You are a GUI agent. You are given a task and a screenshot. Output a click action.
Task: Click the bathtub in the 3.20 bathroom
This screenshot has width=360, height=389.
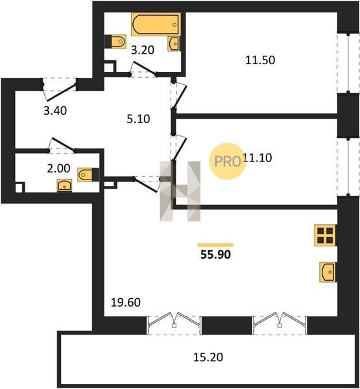point(156,25)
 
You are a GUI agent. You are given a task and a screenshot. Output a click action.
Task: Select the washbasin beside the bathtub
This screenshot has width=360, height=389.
point(174,43)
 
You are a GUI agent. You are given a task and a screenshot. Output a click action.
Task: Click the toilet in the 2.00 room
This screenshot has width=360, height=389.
point(88,174)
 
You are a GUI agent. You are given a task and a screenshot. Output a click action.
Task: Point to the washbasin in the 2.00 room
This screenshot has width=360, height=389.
point(65,185)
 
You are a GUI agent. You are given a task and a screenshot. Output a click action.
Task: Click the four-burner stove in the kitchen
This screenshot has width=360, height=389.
point(325,235)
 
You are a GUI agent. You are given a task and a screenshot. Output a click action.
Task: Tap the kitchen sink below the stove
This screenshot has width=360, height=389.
point(328,272)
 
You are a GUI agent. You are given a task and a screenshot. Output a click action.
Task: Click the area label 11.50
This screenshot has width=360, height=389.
point(260,60)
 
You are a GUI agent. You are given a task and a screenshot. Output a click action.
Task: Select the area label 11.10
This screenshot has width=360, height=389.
point(258,158)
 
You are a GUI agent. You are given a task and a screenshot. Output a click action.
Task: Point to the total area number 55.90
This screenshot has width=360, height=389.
point(215,255)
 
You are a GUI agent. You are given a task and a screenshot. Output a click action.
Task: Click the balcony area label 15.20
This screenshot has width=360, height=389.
point(208,357)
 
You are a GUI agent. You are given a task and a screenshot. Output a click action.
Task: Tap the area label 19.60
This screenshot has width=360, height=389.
point(126,302)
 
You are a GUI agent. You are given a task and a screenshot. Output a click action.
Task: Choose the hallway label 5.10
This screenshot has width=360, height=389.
point(138,119)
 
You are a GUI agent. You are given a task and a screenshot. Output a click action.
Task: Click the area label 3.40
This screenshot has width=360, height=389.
point(55,111)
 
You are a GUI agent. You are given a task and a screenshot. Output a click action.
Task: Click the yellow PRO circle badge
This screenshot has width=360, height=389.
point(227,161)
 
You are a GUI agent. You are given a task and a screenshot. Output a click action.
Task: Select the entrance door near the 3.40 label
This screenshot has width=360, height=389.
point(62,92)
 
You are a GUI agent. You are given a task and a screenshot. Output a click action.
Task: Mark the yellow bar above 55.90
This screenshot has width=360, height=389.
point(215,245)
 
